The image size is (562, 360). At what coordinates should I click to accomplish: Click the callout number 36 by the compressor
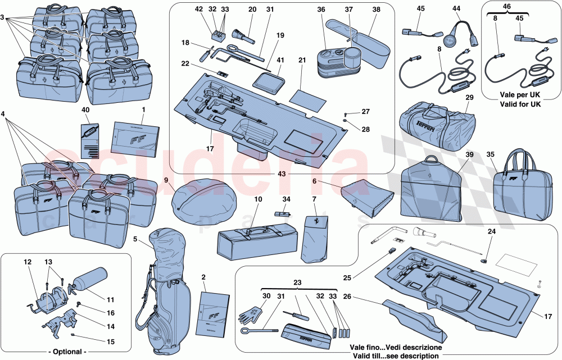tap(321, 10)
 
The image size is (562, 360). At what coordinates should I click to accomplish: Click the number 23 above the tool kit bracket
tap(297, 284)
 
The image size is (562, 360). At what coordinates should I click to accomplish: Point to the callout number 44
tap(456, 10)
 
